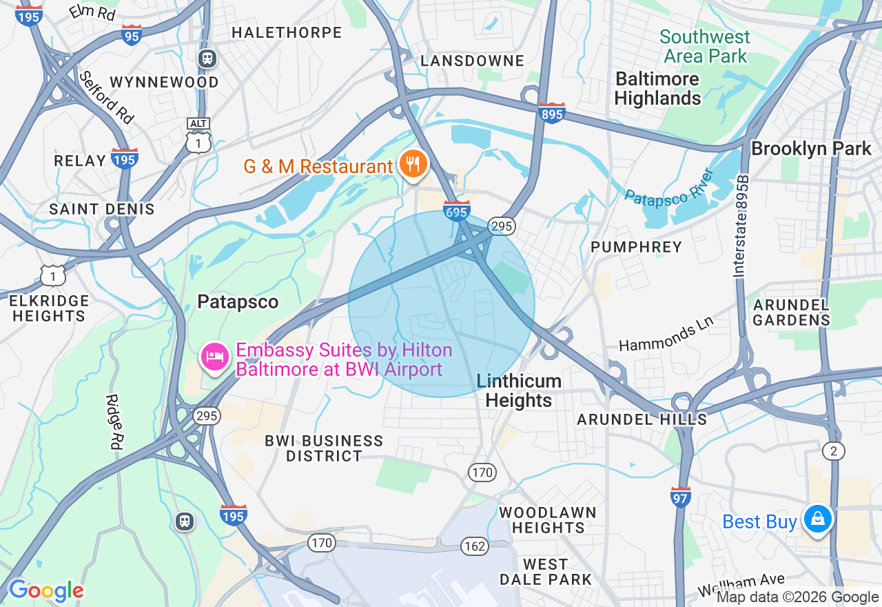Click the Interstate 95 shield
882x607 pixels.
131,34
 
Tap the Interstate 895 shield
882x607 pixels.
552,113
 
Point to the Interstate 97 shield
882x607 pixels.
680,496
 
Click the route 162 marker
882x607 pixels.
475,546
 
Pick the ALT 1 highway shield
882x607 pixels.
198,135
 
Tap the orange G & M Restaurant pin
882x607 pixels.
413,165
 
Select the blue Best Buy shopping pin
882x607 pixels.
817,519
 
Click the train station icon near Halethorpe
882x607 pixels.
207,59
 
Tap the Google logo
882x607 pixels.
46,590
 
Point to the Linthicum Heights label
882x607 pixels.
519,390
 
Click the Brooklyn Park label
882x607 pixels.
811,148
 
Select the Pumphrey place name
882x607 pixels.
636,247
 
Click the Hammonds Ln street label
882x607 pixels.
666,333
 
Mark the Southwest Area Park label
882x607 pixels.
704,46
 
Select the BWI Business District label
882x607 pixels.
324,448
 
